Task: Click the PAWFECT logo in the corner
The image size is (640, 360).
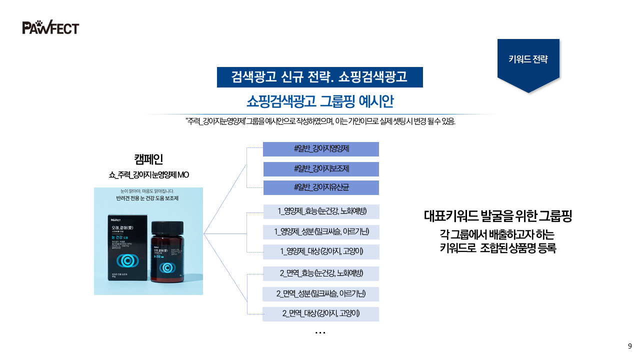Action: tap(50, 27)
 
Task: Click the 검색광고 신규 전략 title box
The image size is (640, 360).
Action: tap(319, 77)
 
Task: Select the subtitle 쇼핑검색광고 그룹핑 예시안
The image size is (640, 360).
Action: tap(320, 101)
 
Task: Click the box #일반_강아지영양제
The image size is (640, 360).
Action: tap(321, 149)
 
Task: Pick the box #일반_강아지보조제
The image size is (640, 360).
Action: tap(321, 169)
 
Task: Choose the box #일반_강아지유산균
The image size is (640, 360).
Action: tap(321, 187)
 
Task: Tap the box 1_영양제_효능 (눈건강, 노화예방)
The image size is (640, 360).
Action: tap(321, 211)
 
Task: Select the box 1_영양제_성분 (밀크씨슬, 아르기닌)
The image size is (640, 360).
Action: tap(321, 232)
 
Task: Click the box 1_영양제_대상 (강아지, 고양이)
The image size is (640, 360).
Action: tap(321, 251)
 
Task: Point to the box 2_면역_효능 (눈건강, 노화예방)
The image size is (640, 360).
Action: tap(321, 273)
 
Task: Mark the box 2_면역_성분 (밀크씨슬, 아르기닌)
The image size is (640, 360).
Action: tap(321, 294)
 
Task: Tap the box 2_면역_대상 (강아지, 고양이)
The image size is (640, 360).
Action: tap(321, 314)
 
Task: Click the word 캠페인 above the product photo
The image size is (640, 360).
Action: tap(148, 159)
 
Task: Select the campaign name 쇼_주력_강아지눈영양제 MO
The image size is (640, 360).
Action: tap(148, 175)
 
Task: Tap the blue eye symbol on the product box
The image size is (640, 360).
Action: tap(126, 260)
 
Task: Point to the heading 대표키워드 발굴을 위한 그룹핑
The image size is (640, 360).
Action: tap(497, 216)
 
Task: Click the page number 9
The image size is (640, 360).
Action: tap(629, 346)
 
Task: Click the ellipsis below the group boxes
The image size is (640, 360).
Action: tap(320, 332)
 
